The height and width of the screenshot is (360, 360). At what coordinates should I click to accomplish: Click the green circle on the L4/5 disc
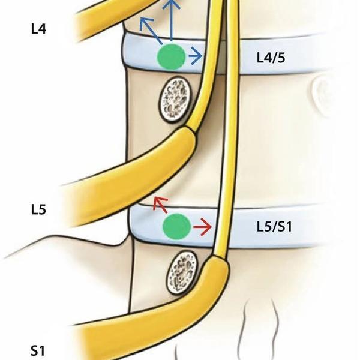click(171, 58)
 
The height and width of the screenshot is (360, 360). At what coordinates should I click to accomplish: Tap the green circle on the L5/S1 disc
click(177, 227)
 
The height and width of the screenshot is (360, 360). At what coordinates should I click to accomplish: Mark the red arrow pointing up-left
click(159, 205)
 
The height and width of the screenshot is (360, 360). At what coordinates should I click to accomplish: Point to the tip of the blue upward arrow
click(172, 2)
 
